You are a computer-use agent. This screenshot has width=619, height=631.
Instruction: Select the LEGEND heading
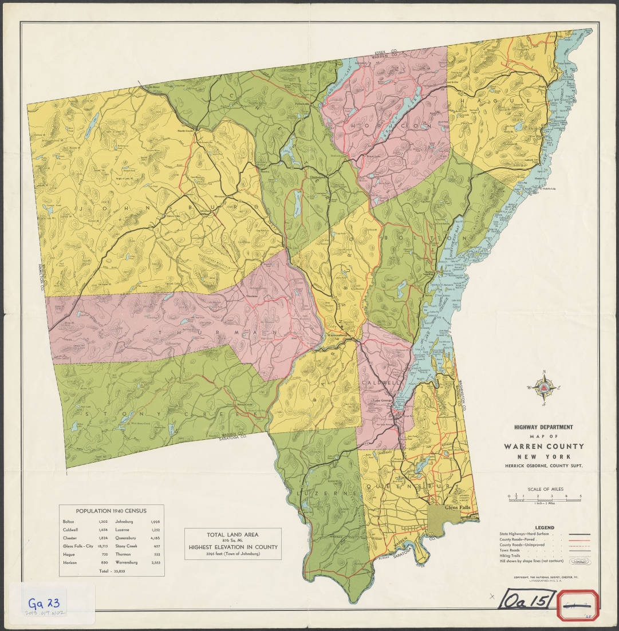point(544,527)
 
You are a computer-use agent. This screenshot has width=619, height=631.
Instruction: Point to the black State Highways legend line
point(581,534)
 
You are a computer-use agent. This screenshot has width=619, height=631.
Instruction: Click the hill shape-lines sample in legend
point(581,562)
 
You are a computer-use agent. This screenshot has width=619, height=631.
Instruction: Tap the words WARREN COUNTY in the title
point(544,446)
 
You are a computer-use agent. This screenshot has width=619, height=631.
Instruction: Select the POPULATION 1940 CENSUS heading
point(112,511)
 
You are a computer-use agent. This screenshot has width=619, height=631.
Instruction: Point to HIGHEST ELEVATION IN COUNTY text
point(232,547)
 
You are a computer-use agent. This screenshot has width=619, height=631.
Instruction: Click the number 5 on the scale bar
point(581,496)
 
